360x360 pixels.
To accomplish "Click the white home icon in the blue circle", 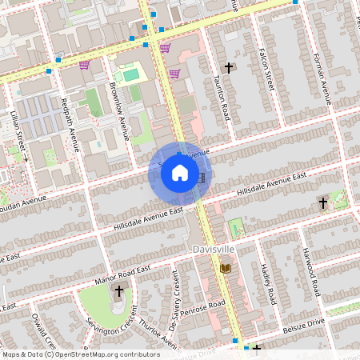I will (180, 172).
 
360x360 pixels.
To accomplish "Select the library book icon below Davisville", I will (226, 267).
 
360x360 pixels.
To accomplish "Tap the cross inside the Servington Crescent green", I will (119, 291).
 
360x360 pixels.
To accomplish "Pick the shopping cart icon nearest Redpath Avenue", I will (84, 65).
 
